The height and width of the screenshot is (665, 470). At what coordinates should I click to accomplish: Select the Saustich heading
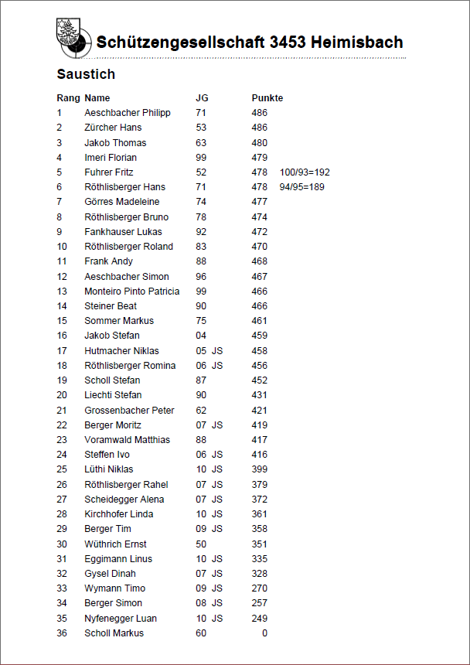click(86, 74)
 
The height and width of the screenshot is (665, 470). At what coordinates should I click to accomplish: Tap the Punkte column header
click(267, 98)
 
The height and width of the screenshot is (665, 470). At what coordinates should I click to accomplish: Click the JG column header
click(202, 98)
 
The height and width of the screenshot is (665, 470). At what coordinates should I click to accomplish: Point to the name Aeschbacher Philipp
click(128, 113)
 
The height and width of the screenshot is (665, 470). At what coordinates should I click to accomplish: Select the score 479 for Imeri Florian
click(259, 158)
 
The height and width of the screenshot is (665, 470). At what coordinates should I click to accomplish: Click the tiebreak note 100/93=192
click(305, 172)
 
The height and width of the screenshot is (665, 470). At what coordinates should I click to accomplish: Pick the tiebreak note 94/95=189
click(301, 187)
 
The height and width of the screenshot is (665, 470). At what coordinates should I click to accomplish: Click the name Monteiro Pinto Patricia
click(132, 292)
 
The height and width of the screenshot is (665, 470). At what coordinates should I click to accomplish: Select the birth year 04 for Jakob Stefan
click(201, 336)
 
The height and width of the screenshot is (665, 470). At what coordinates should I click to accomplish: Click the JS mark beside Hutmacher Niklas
click(217, 351)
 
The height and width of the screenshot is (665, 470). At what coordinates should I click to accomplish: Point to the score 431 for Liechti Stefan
click(259, 395)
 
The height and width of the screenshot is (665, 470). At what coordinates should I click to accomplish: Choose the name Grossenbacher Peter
click(129, 411)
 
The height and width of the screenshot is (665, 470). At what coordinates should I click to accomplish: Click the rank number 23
click(62, 440)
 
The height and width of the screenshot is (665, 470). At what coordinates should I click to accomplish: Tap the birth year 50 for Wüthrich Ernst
click(201, 544)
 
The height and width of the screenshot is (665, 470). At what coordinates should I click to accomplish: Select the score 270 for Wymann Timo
click(259, 588)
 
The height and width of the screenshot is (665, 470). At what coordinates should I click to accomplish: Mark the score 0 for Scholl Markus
click(264, 633)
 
